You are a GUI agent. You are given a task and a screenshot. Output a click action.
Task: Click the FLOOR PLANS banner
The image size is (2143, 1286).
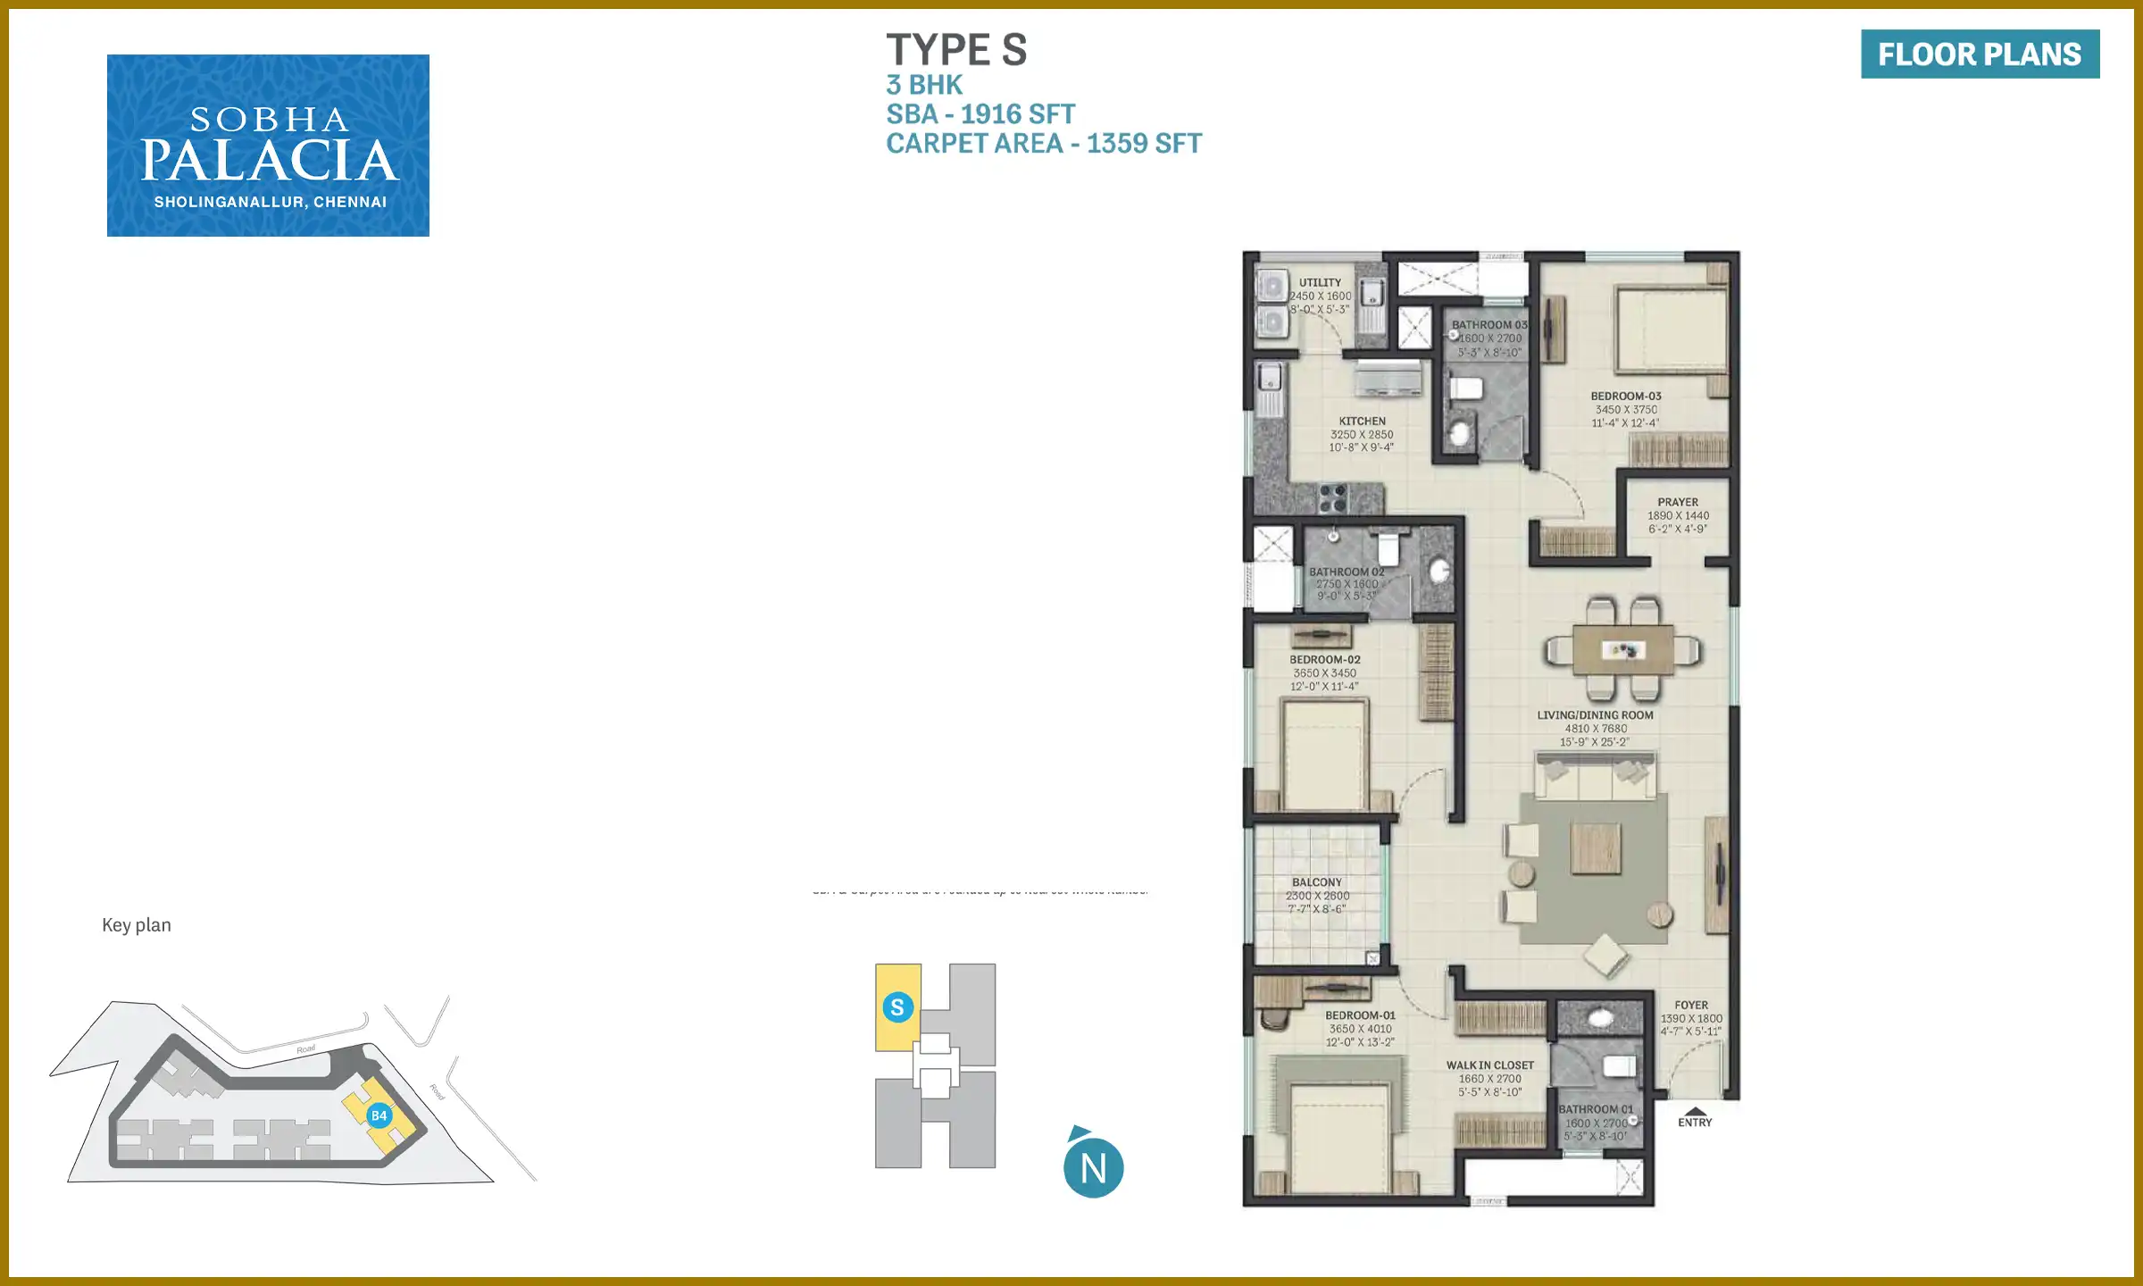[1980, 54]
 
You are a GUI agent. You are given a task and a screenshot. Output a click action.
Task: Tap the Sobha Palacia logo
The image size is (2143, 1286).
[268, 146]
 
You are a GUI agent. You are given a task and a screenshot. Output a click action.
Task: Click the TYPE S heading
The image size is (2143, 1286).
[956, 50]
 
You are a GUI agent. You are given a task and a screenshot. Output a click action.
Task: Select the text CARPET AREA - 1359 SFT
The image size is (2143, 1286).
[1044, 144]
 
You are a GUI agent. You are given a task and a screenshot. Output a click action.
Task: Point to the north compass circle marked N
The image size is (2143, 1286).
[1094, 1167]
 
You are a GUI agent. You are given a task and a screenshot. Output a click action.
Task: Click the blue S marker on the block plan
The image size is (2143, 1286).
[897, 1007]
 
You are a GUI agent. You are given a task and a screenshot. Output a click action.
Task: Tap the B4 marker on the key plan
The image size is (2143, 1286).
[379, 1115]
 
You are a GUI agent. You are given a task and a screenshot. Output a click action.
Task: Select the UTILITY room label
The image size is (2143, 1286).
[1320, 282]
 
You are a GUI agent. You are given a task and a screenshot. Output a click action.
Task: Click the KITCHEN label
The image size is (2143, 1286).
[1362, 422]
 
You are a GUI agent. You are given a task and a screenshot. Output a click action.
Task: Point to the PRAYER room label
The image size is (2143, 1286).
[1678, 503]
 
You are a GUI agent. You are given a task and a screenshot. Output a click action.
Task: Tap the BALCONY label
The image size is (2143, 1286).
[1316, 882]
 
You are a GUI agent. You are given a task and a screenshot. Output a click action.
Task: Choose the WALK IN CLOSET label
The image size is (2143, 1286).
[1489, 1065]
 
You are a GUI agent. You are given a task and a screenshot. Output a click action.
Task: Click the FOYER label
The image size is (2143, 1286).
[1691, 1006]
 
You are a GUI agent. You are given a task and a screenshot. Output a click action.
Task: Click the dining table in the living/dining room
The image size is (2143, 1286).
[1623, 650]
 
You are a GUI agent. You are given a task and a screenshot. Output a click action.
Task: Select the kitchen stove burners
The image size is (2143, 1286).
[1332, 498]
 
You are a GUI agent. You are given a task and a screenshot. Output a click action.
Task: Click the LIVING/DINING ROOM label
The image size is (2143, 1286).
[1595, 715]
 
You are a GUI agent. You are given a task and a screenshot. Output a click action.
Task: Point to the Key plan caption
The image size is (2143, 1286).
[137, 925]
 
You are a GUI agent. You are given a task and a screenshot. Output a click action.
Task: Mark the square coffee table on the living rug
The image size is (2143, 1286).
[1596, 848]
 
